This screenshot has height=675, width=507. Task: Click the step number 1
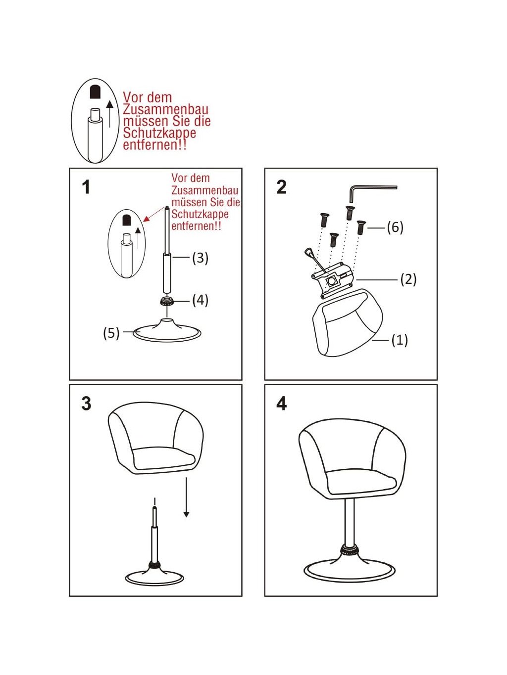[86, 187]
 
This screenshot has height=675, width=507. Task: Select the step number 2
[281, 187]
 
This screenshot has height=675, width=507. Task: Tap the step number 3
[87, 403]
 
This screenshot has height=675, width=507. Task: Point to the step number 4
[281, 403]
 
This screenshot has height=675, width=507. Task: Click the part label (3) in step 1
[200, 258]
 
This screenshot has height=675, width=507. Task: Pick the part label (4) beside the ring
[200, 300]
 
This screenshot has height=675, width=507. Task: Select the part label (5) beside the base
[111, 333]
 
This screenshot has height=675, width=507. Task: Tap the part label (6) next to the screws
[395, 228]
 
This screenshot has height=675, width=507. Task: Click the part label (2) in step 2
[408, 279]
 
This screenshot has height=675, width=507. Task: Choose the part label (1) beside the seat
[400, 340]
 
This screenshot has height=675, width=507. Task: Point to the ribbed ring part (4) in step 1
[167, 301]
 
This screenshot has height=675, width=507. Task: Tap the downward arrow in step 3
[186, 497]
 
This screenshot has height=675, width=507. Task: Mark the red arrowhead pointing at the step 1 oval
[147, 219]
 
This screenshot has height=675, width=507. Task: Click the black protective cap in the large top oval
[95, 91]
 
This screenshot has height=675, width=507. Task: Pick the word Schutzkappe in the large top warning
[159, 133]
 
